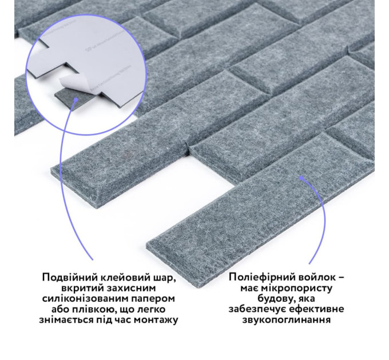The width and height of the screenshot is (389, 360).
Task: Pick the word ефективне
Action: pos(316,310)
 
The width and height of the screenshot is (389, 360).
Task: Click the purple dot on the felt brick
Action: pos(301,178)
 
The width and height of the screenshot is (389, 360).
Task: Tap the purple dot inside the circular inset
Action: pos(76,99)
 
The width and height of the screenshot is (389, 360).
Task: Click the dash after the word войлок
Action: pos(341,278)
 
